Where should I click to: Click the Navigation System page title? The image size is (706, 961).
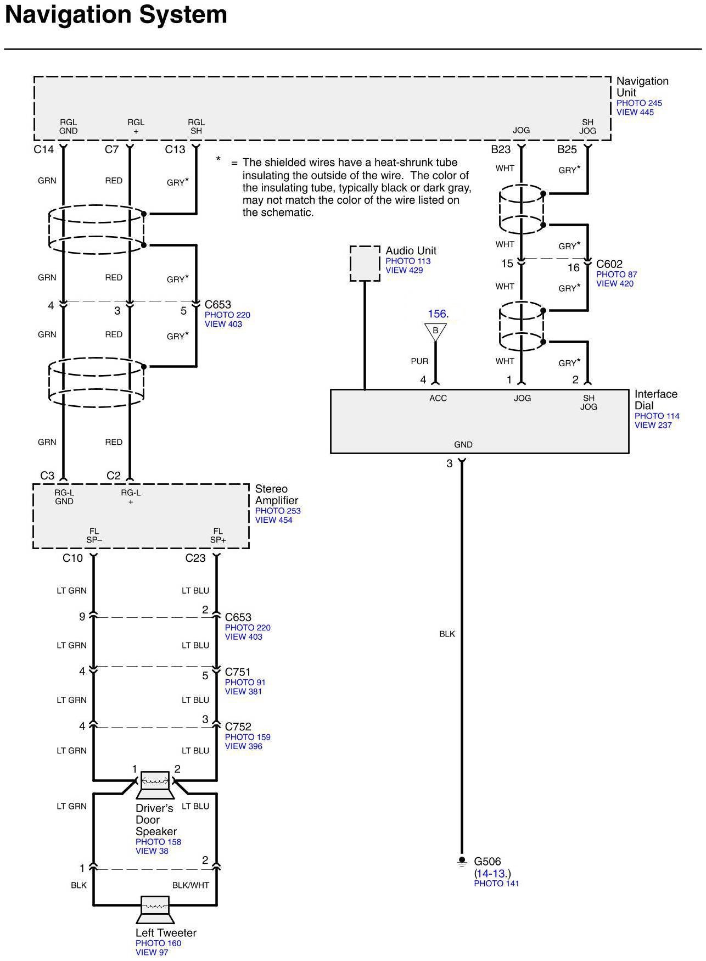tap(116, 15)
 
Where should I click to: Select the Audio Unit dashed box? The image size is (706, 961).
tap(365, 264)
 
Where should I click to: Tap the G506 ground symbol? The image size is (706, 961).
tap(462, 862)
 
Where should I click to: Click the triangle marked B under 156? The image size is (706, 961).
tap(435, 331)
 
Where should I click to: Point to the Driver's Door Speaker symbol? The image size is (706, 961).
tap(155, 785)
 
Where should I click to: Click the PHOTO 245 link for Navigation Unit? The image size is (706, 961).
tap(639, 103)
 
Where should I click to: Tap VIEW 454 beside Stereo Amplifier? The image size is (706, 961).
tap(273, 520)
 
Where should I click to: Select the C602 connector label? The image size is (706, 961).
tap(609, 264)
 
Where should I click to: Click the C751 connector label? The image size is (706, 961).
tap(238, 672)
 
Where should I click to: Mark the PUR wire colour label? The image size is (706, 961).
tap(419, 361)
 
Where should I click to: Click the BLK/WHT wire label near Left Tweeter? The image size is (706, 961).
tap(190, 885)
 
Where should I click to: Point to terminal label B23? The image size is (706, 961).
tap(501, 149)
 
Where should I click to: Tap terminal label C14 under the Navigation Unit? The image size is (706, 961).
tap(43, 149)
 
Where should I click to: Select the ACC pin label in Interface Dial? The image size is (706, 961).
tap(438, 399)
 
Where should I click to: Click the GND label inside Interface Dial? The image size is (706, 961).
tap(463, 445)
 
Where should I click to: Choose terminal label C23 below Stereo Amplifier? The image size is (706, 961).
tap(195, 558)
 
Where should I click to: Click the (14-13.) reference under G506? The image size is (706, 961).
tap(492, 874)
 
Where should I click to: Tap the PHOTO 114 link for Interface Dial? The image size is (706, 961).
tap(657, 416)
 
